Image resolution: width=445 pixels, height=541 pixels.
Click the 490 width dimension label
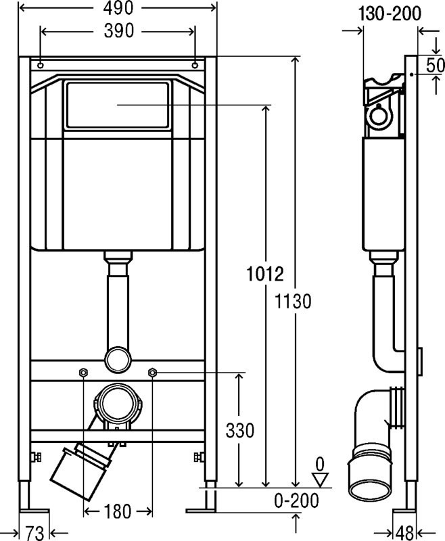118,8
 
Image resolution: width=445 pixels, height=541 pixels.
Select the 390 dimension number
118,31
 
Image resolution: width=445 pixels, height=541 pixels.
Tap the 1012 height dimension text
265,275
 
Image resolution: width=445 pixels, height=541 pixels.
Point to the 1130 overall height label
293,301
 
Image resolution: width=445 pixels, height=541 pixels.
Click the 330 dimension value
240,431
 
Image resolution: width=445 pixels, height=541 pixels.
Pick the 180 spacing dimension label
117,511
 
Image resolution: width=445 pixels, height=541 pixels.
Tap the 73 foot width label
35,533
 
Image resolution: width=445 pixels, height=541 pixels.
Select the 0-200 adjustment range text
296,500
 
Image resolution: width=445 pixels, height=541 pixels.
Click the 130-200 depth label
390,14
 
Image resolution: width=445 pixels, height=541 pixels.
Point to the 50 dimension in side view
436,65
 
